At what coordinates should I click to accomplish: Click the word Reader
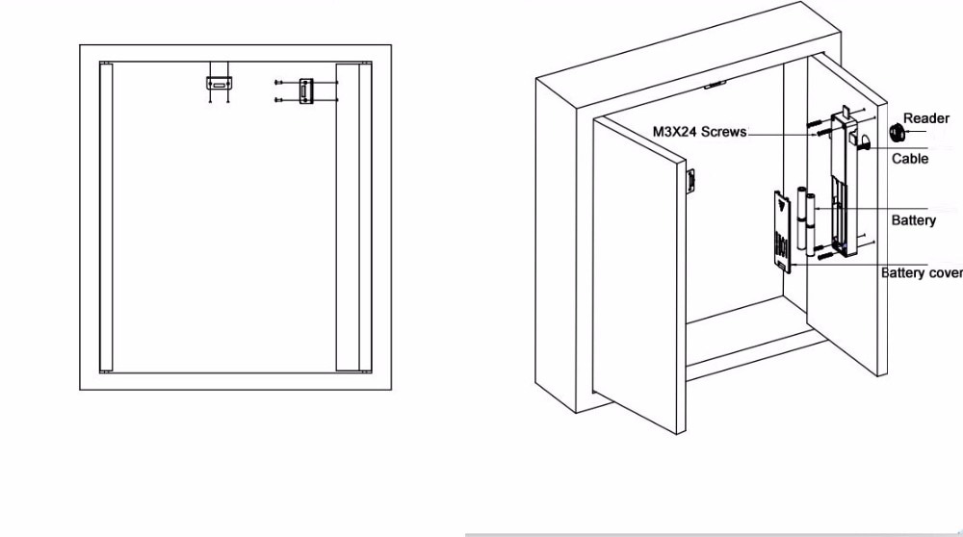tap(925, 118)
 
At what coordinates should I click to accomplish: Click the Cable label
tap(910, 159)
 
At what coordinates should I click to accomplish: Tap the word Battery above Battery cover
tap(913, 220)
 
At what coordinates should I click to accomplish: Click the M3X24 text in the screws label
tap(673, 132)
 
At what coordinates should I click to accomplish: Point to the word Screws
tap(724, 132)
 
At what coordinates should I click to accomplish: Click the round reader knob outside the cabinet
tap(895, 128)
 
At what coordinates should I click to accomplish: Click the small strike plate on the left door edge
tap(690, 182)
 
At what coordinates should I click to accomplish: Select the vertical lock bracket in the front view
tap(307, 90)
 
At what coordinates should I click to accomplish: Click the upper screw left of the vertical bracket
tap(277, 82)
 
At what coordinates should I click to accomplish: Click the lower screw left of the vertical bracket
tap(277, 99)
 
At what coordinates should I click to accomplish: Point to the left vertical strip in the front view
tap(106, 217)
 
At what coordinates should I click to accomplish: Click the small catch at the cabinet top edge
tap(714, 85)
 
